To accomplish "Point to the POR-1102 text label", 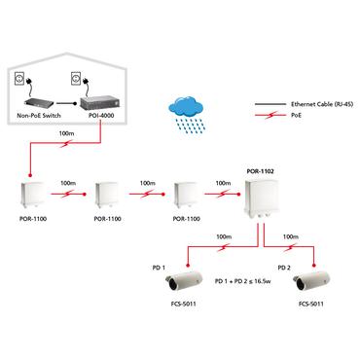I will [260, 170].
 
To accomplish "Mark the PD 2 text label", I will [284, 265].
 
